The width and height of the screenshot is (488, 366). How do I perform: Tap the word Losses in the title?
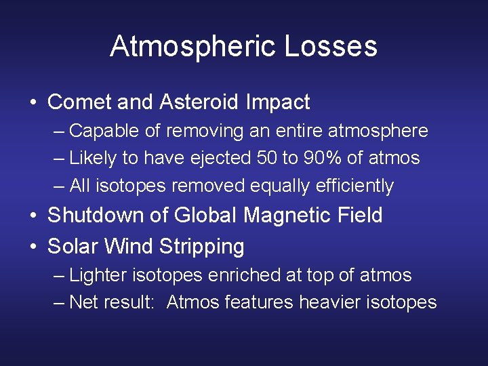click(x=331, y=47)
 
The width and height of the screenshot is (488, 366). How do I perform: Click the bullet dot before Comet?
click(x=33, y=103)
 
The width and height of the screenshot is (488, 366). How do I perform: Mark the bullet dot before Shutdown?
click(x=33, y=216)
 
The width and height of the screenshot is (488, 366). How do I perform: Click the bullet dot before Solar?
click(x=33, y=247)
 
